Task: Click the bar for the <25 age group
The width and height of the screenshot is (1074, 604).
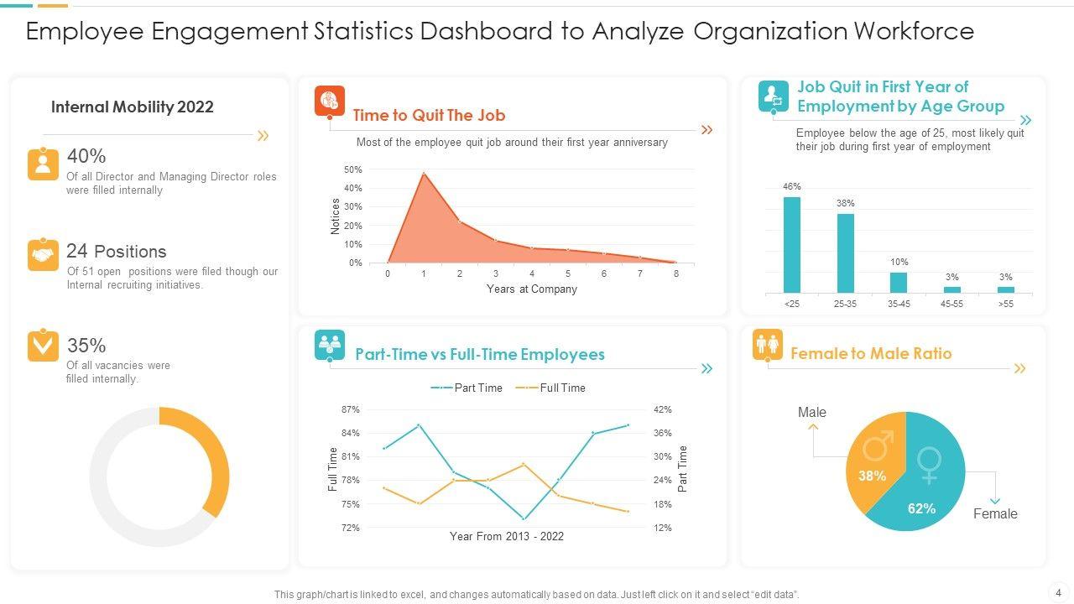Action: click(791, 245)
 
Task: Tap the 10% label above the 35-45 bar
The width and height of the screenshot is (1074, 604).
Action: click(899, 263)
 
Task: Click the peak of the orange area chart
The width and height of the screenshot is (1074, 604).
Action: click(424, 174)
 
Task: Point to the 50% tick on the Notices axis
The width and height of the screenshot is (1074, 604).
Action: click(353, 169)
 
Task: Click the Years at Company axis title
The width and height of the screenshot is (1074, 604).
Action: click(532, 289)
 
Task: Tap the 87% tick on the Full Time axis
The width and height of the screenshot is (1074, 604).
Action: click(350, 409)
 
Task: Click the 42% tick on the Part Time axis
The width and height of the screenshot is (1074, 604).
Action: click(663, 409)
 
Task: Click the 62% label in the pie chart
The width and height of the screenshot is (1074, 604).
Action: click(921, 508)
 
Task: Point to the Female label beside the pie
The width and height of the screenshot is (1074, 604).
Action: click(995, 513)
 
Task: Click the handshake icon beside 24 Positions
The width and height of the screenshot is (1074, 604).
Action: click(43, 254)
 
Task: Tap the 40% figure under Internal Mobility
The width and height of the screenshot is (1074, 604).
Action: click(86, 156)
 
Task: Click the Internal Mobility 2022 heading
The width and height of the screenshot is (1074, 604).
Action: click(133, 107)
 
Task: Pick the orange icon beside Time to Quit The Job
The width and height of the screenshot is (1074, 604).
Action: click(330, 101)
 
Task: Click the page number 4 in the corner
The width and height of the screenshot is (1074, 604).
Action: click(1056, 591)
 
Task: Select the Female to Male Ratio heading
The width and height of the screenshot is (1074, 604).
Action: click(871, 353)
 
